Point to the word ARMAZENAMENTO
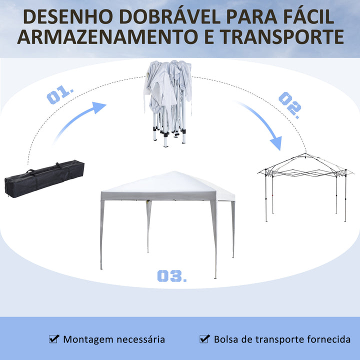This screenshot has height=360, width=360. pyautogui.click(x=107, y=36)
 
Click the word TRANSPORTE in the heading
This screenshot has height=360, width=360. pyautogui.click(x=282, y=36)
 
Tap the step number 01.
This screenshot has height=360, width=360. pyautogui.click(x=60, y=94)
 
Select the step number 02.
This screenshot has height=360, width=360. pyautogui.click(x=290, y=105)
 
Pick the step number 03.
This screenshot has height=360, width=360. pyautogui.click(x=171, y=275)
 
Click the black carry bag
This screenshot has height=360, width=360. pyautogui.click(x=44, y=178)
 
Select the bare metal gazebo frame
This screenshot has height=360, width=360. pyautogui.click(x=305, y=187)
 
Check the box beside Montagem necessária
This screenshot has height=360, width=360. pyautogui.click(x=54, y=339)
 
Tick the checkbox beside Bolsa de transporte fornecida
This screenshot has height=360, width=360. pyautogui.click(x=204, y=339)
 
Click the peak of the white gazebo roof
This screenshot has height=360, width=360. pyautogui.click(x=174, y=171)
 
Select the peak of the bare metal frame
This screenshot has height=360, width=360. pyautogui.click(x=305, y=153)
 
